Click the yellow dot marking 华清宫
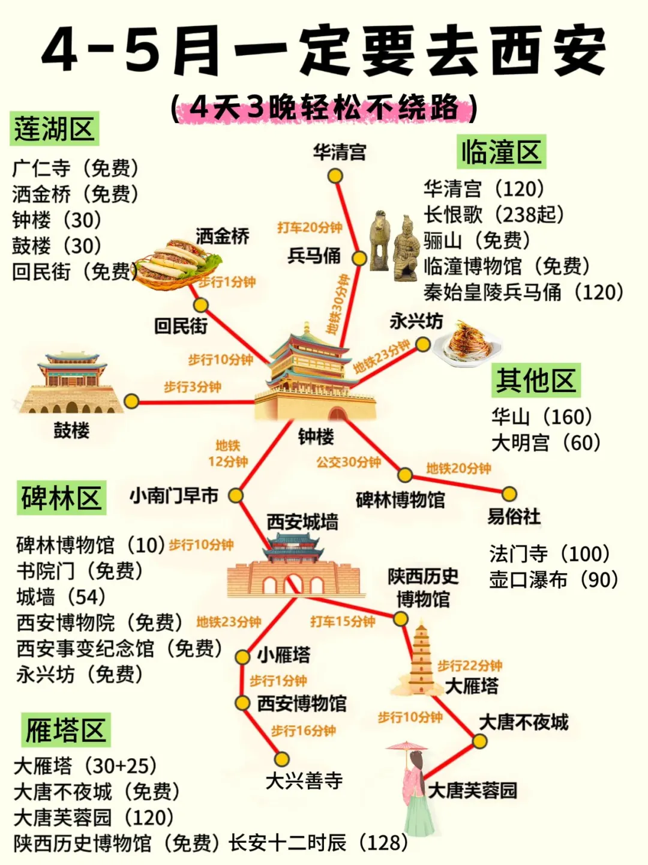point(335,176)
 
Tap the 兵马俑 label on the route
point(314,256)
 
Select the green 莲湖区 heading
point(55,129)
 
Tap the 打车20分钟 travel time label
point(310,228)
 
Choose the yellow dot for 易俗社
point(509,494)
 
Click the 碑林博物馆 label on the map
point(400,500)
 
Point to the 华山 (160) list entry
point(542,417)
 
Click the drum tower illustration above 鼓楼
point(71,384)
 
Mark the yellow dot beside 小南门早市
point(236,495)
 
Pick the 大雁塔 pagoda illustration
point(422,660)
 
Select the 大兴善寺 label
point(304,781)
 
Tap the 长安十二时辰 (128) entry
point(319,843)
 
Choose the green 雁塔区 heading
point(65,730)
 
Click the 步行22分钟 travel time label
point(470,665)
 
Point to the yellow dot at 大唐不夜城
point(479,741)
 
